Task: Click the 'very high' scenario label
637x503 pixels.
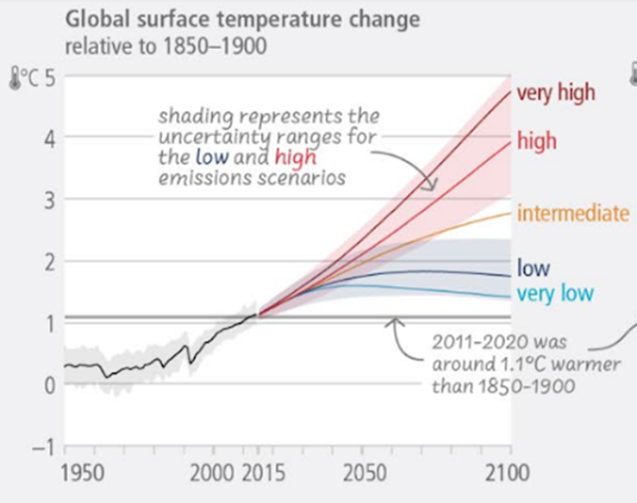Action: click(x=555, y=93)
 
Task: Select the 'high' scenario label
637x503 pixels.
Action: click(x=536, y=140)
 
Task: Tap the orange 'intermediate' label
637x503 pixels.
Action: click(x=572, y=213)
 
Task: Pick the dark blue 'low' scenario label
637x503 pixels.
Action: click(x=533, y=268)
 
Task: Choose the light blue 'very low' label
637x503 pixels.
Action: click(x=555, y=293)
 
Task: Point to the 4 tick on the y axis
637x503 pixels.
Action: click(x=49, y=138)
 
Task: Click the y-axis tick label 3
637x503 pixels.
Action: click(x=49, y=200)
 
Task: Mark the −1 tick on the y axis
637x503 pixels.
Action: click(x=43, y=448)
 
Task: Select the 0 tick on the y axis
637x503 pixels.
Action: click(x=49, y=385)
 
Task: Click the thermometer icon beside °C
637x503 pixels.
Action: click(x=15, y=79)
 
